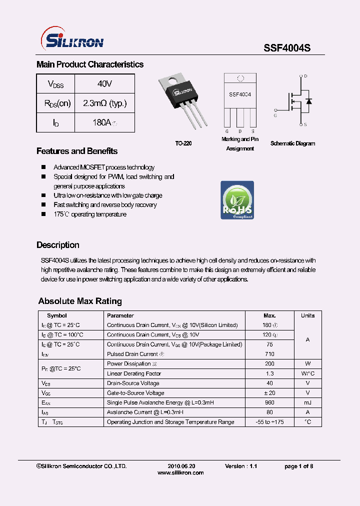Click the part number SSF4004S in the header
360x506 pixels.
point(287,48)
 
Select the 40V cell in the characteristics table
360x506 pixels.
point(104,83)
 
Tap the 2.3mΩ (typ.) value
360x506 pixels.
point(104,103)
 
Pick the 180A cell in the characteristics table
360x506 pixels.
point(104,122)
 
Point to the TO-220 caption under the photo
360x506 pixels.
point(183,143)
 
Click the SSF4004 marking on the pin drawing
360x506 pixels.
point(240,94)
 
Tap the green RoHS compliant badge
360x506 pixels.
point(237,200)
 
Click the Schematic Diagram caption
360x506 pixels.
point(292,143)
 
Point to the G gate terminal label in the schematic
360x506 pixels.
point(274,115)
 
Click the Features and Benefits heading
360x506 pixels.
point(77,151)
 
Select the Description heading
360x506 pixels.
point(58,245)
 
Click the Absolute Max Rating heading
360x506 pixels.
point(80,301)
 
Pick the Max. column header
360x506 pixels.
point(269,315)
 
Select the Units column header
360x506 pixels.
point(307,315)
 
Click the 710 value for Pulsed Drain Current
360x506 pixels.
point(269,354)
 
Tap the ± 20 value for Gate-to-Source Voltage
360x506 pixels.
point(269,393)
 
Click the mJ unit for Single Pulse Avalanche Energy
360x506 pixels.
point(307,402)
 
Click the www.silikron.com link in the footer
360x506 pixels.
point(180,472)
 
